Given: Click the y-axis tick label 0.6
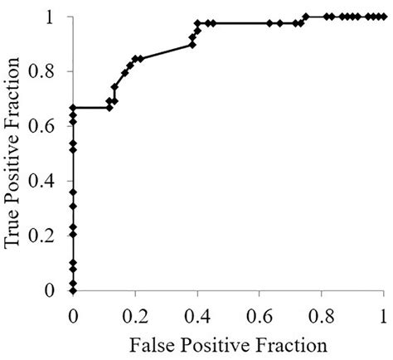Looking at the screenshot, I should [x=49, y=126].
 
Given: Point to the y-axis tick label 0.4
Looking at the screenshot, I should [x=49, y=181].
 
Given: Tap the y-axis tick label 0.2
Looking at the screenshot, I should [x=49, y=236].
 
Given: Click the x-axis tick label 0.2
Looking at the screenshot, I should [x=135, y=315].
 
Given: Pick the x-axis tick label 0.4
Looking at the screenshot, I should [x=197, y=315].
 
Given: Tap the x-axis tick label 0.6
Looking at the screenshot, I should [x=260, y=315].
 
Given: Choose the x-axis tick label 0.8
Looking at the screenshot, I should [x=322, y=315].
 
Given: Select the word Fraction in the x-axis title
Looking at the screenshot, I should [x=287, y=342].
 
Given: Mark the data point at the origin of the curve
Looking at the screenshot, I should [x=73, y=290].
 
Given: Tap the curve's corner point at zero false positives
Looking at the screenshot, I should [x=73, y=108].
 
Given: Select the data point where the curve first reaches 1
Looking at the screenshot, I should [x=306, y=16].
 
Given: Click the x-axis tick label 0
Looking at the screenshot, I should [x=73, y=315].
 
